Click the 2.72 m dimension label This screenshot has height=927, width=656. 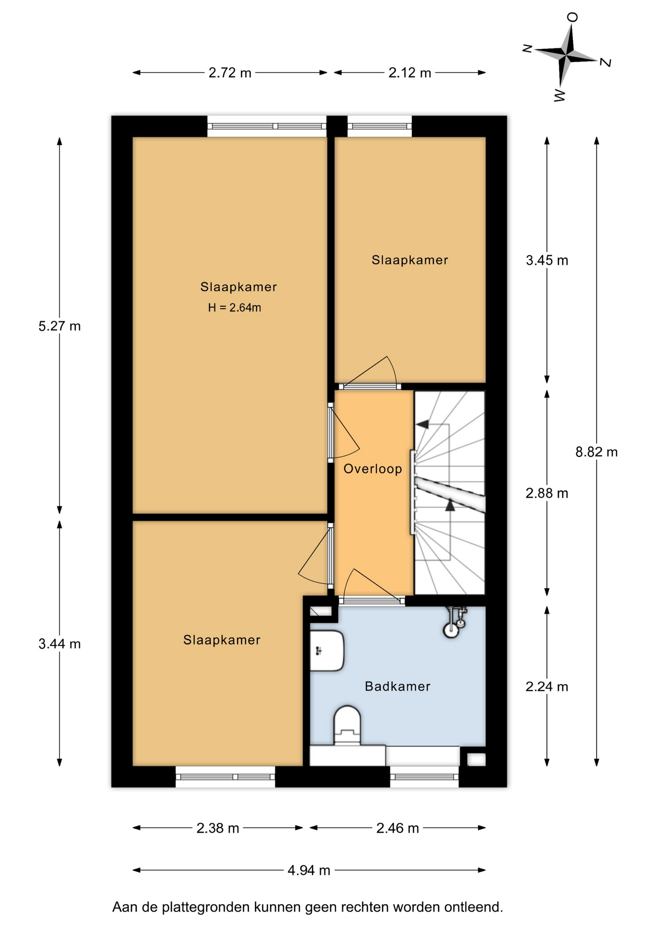coord(230,73)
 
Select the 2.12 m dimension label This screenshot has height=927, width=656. coord(410,73)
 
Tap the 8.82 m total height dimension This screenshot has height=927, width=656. coord(597,452)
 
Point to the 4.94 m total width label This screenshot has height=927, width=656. coord(309,870)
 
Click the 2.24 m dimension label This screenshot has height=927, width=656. coord(547,687)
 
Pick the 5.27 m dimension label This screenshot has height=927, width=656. coord(59,326)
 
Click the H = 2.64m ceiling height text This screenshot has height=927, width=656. coord(235,308)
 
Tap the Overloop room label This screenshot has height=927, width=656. coord(373,469)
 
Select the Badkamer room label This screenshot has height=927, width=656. coord(398,686)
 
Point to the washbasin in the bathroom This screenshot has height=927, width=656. coord(327,651)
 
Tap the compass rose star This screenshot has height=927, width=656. coord(567,55)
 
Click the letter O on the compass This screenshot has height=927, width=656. coord(573,17)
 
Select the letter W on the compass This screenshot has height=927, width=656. coord(559,95)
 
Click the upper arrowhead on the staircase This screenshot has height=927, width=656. coord(422,424)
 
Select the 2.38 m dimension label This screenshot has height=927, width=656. coord(218,829)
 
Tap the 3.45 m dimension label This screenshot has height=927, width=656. coord(547,261)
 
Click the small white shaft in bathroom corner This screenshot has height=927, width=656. coord(476,759)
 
